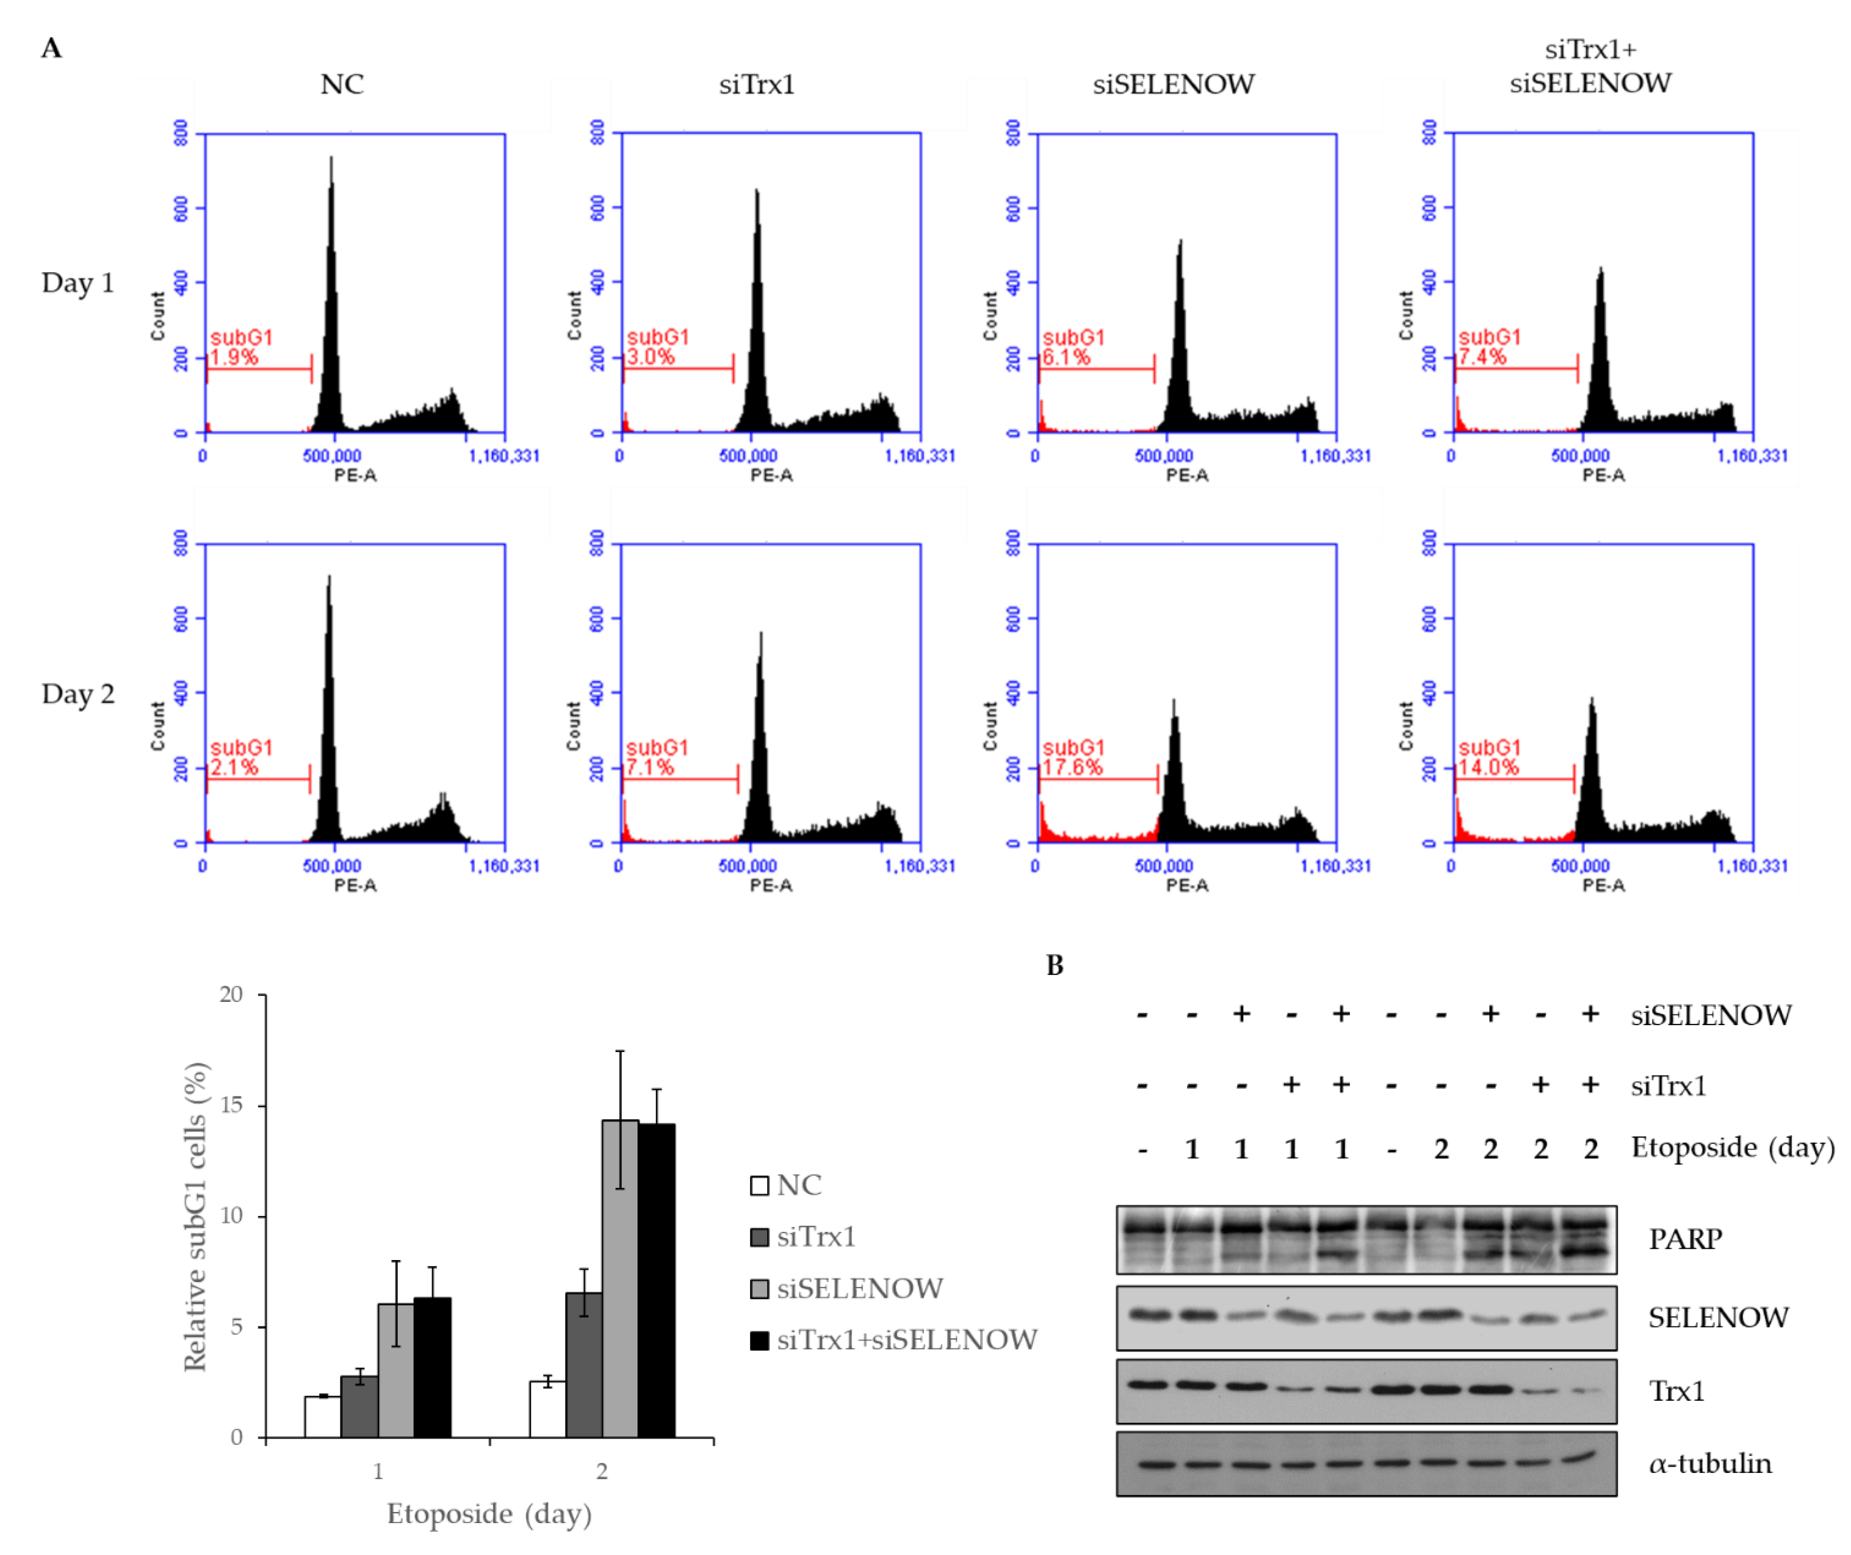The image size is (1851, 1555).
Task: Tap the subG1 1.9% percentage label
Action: pos(234,357)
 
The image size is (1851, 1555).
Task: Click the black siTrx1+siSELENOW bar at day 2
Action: pos(657,1281)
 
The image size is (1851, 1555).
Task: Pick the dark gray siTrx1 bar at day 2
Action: pos(585,1365)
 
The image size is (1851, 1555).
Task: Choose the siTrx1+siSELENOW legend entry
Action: pos(893,1340)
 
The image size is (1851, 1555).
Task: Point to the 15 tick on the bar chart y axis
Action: pos(231,1105)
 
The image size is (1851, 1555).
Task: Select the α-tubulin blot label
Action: pos(1710,1464)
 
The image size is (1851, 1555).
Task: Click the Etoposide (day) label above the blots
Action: pos(1733,1148)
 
